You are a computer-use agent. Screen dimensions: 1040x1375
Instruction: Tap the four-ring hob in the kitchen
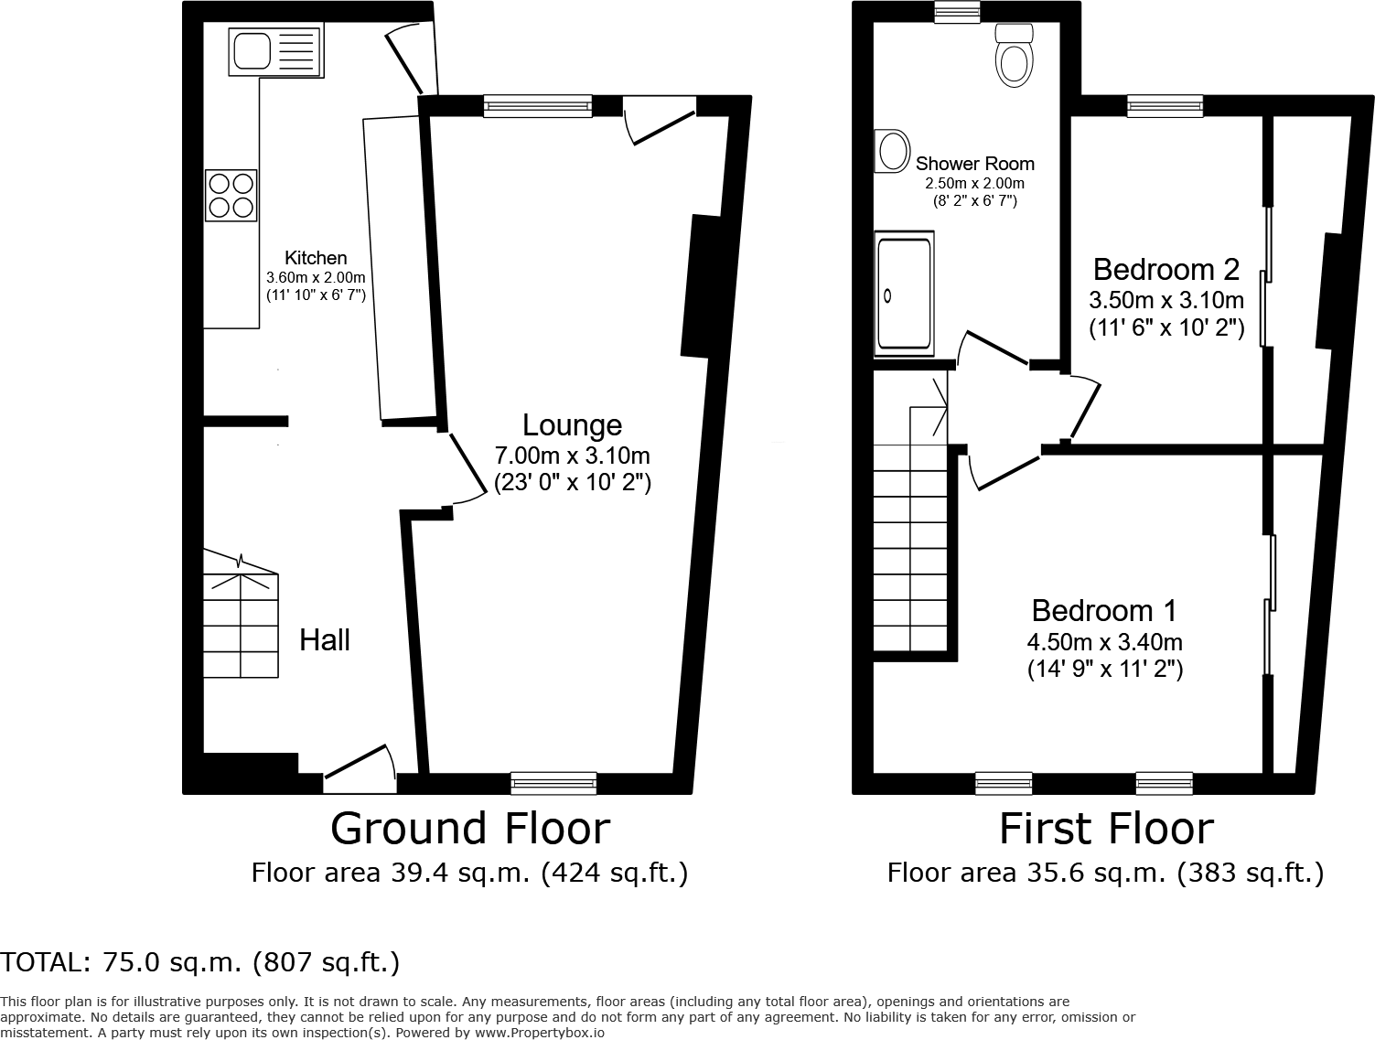coord(231,195)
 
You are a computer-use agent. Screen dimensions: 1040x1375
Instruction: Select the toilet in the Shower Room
coord(1013,57)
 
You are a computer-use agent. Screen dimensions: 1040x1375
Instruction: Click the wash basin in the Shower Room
coord(892,151)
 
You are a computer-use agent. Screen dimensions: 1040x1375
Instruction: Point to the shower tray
coord(904,295)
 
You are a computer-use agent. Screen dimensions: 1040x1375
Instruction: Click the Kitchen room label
coord(316,258)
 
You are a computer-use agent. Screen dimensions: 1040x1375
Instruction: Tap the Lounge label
coord(572,424)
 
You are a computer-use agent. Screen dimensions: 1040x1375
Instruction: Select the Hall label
coord(325,640)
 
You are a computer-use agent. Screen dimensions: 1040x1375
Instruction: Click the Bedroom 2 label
coord(1166,269)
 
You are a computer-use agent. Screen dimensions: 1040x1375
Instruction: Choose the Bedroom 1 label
coord(1104,610)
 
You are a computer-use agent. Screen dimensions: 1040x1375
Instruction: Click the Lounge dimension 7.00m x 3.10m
coord(572,456)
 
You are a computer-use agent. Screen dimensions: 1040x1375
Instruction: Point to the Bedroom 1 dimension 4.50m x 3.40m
coord(1104,642)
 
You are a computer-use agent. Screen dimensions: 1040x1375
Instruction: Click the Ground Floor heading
coord(469,829)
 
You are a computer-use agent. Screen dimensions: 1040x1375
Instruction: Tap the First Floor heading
coord(1105,829)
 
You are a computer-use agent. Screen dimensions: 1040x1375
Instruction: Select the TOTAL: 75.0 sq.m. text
coord(200,962)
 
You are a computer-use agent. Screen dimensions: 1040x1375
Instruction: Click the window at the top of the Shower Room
coord(957,12)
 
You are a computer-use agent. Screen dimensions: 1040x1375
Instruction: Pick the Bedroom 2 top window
coord(1165,106)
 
